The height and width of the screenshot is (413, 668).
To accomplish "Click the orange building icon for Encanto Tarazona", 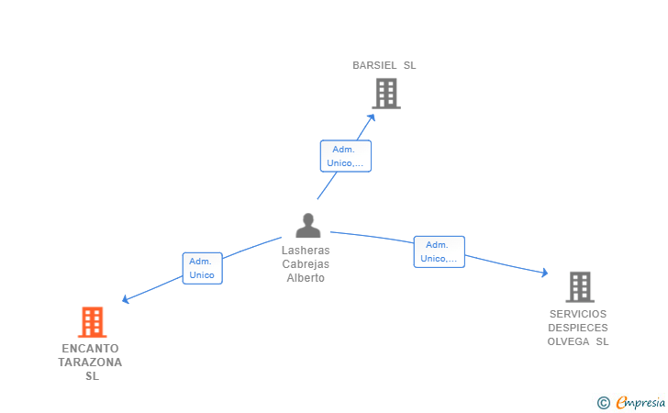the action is pyautogui.click(x=92, y=322).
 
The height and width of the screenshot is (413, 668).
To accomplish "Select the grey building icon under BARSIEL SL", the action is pyautogui.click(x=386, y=94).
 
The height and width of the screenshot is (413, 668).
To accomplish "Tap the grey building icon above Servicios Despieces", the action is pyautogui.click(x=580, y=287).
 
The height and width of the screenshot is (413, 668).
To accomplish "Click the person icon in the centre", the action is pyautogui.click(x=308, y=226).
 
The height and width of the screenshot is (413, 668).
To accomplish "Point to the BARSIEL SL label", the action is pyautogui.click(x=384, y=65).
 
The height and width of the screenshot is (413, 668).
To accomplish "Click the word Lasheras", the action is pyautogui.click(x=306, y=251).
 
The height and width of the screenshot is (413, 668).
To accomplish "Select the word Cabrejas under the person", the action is pyautogui.click(x=306, y=264).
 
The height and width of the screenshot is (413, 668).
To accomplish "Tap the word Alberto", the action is pyautogui.click(x=306, y=278).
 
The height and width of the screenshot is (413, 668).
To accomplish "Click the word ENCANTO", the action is pyautogui.click(x=90, y=349).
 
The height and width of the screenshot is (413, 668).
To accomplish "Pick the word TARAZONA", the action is pyautogui.click(x=90, y=363).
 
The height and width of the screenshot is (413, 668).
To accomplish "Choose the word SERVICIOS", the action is pyautogui.click(x=578, y=314).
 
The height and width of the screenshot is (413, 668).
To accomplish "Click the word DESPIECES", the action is pyautogui.click(x=578, y=328).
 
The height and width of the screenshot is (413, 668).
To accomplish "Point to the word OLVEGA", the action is pyautogui.click(x=568, y=341).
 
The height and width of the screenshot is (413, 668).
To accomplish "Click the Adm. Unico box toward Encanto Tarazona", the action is pyautogui.click(x=203, y=268).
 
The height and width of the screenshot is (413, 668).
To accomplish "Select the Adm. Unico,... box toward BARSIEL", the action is pyautogui.click(x=346, y=156).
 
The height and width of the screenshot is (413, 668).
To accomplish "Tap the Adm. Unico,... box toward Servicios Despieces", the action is pyautogui.click(x=440, y=251).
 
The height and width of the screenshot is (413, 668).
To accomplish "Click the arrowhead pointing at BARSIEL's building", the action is pyautogui.click(x=372, y=117).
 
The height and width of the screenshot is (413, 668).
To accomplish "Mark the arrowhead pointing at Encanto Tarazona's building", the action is pyautogui.click(x=125, y=299).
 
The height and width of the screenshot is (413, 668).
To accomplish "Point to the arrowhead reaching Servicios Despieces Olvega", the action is pyautogui.click(x=544, y=273).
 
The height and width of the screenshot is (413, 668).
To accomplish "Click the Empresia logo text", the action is pyautogui.click(x=640, y=402).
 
